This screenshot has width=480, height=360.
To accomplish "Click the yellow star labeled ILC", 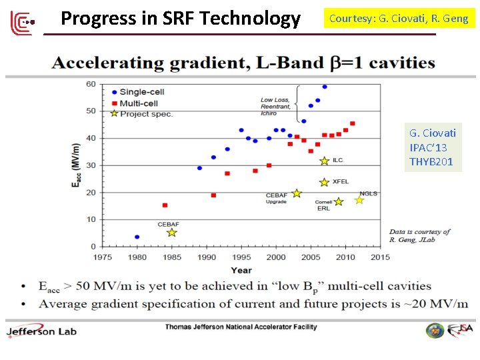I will point(324,161).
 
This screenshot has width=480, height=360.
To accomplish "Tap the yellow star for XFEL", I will point(324,182).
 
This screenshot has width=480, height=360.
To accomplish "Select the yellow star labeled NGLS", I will point(359,200).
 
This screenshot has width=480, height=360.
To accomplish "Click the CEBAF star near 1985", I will point(171,233).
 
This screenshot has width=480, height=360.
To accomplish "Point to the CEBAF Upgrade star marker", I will point(297,193).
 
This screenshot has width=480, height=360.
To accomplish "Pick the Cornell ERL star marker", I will point(338,201).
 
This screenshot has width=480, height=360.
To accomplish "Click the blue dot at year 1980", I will point(137,237).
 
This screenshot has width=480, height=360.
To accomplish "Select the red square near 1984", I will point(165,205).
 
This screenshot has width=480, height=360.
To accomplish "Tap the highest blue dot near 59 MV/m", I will point(325,87).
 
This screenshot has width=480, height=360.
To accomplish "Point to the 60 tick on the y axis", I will point(91,84).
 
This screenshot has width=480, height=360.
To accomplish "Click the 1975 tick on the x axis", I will point(102,257).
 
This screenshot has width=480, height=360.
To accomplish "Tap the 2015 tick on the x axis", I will point(380,257).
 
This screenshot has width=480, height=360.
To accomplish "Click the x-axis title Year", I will point(241,270).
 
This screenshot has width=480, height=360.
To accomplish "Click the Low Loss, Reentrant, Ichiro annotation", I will point(275,107).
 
